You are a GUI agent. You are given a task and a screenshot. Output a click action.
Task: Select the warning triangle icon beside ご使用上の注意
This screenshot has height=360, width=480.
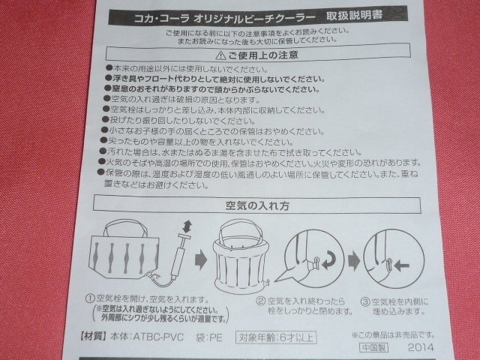click(220, 55)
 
